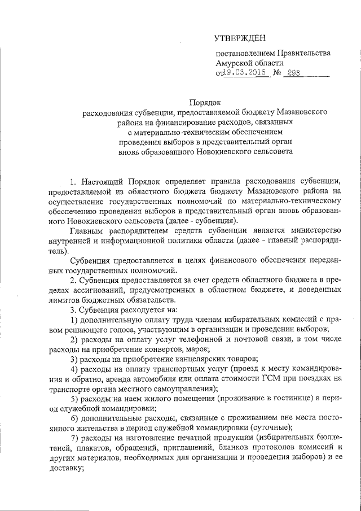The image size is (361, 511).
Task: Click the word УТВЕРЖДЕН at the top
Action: click(x=240, y=38)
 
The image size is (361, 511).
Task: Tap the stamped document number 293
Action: click(x=293, y=73)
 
